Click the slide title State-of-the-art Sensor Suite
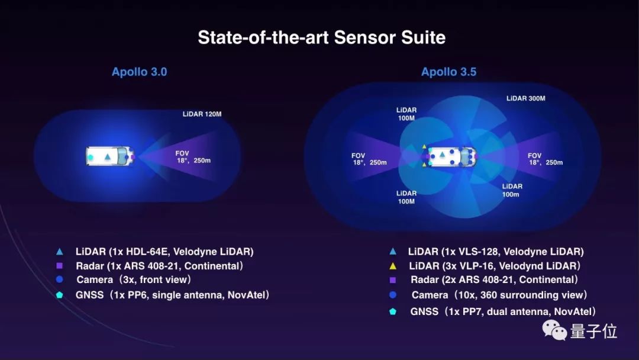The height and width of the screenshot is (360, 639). (321, 37)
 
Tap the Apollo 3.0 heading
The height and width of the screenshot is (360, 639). (140, 72)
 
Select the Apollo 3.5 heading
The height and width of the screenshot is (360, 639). (448, 72)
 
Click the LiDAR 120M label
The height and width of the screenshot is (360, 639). (202, 114)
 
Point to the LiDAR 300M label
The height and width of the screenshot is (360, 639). (526, 98)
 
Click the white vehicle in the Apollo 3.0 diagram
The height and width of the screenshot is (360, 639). (110, 156)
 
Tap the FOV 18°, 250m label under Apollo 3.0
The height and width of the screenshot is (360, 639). (193, 157)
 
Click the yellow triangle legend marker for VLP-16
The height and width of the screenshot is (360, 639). (393, 266)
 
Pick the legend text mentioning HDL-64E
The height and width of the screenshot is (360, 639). (164, 252)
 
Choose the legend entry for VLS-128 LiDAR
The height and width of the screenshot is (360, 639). (496, 252)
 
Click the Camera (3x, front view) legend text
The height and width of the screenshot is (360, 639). (134, 279)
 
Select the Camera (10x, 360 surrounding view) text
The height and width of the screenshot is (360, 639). (499, 295)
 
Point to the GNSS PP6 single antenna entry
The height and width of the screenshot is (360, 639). (172, 295)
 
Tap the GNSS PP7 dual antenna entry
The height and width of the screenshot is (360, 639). (504, 311)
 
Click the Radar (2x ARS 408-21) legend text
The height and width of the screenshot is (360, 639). (494, 279)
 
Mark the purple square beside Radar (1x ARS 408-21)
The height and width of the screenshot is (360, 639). (60, 266)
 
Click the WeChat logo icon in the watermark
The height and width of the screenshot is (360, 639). (554, 330)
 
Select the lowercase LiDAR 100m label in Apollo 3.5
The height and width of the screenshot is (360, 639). (512, 191)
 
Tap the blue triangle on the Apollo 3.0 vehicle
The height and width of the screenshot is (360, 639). (108, 156)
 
